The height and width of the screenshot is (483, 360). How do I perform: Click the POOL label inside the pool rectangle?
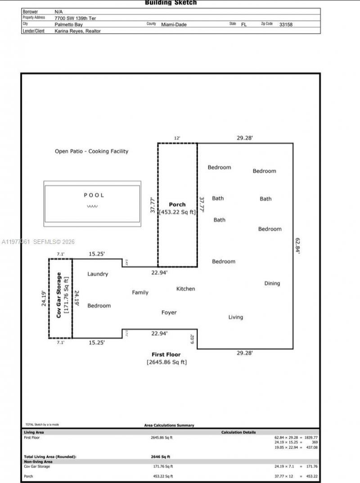(94, 195)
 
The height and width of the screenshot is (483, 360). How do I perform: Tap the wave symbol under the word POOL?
(92, 206)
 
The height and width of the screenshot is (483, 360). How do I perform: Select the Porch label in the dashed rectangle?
(177, 204)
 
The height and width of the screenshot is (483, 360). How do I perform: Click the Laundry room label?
(98, 274)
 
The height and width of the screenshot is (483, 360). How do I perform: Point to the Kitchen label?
(185, 289)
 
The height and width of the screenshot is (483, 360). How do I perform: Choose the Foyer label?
(169, 312)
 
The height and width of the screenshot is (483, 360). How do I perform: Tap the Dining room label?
(272, 283)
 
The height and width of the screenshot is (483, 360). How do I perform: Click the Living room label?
(235, 317)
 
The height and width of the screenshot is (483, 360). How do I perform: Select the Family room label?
(140, 293)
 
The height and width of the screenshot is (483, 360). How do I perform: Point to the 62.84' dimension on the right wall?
(297, 246)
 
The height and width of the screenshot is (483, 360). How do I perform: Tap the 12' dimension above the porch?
(177, 138)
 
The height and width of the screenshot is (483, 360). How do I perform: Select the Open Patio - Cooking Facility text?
(91, 151)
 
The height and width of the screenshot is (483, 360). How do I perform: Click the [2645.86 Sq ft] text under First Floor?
(166, 362)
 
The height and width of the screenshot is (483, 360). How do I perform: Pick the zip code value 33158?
(286, 24)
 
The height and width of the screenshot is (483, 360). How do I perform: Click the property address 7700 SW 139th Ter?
(75, 18)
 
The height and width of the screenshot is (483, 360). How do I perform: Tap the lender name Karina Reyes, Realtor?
(77, 31)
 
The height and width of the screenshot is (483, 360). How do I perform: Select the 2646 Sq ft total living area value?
(160, 456)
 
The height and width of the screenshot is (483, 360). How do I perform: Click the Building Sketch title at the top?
(171, 3)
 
